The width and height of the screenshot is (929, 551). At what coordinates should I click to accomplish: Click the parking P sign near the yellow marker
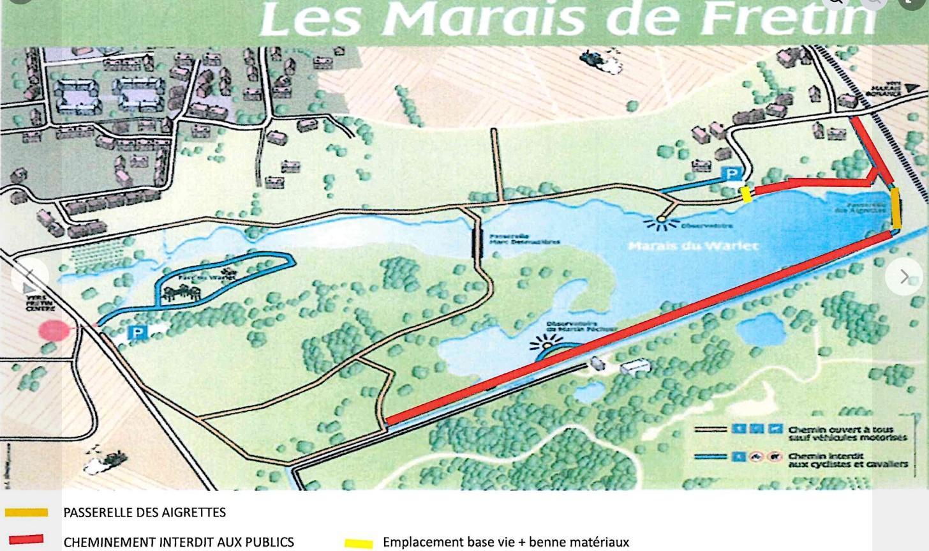point(732,174)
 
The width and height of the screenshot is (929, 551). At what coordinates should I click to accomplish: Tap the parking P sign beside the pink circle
point(137,332)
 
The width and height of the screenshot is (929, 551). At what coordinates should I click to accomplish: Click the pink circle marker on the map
point(54,331)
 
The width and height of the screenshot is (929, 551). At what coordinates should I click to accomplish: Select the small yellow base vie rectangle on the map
point(745,194)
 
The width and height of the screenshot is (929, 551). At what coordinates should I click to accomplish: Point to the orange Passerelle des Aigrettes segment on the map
point(896,208)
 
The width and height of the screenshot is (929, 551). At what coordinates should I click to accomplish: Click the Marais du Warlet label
point(693,246)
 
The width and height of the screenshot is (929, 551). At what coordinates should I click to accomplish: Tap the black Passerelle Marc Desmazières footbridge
point(477,241)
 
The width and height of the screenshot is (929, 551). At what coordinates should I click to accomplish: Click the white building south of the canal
point(635,366)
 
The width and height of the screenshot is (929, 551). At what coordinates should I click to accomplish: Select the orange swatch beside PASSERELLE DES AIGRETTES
point(26,512)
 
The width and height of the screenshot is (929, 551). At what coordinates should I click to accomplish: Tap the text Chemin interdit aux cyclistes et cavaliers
point(847,460)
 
